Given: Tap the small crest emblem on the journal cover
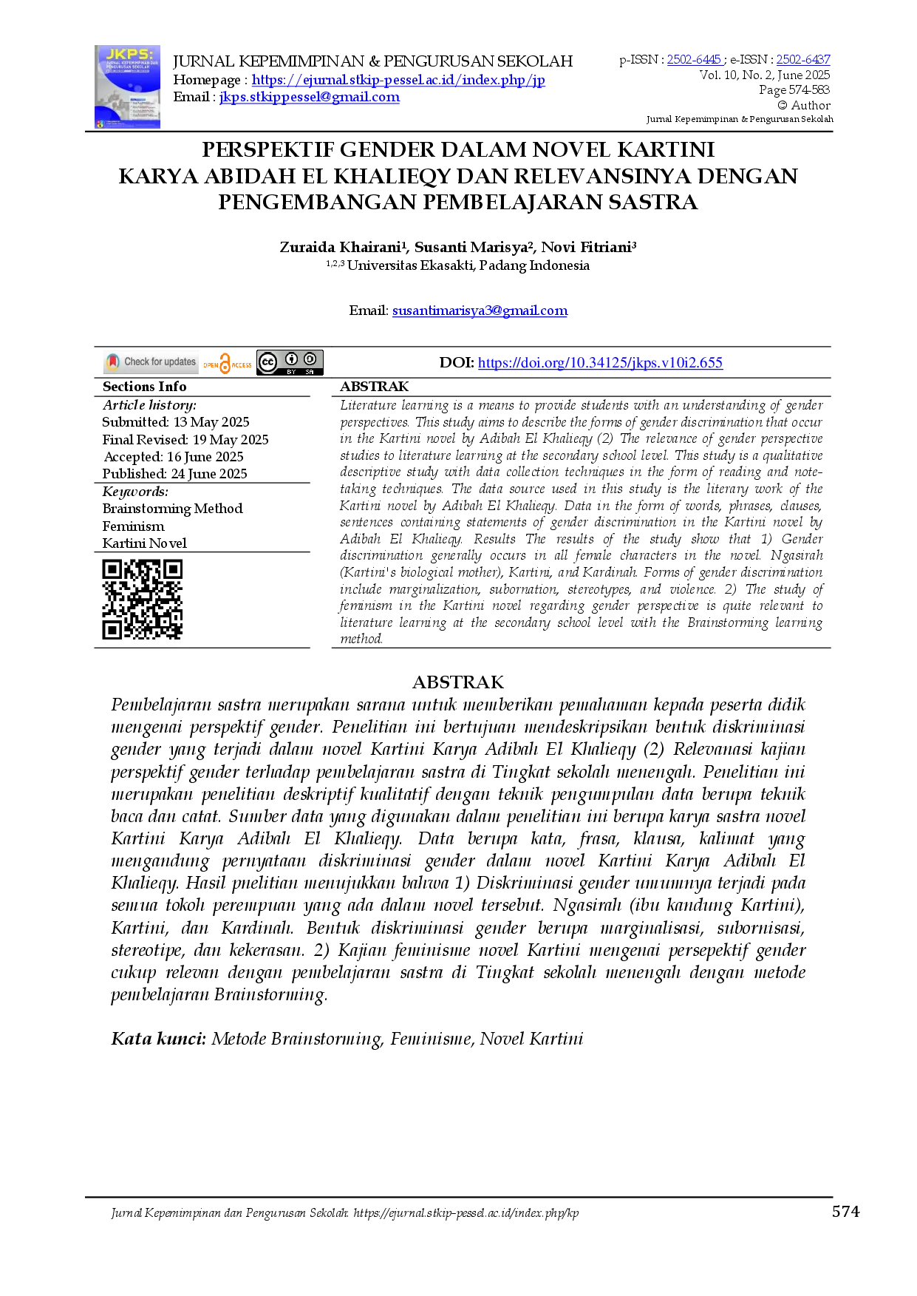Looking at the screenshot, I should (100, 123).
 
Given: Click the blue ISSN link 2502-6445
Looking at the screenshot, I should (694, 60).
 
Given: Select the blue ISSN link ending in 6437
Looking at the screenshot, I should (802, 60).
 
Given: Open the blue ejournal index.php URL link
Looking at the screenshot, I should (399, 80).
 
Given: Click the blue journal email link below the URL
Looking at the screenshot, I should (310, 98).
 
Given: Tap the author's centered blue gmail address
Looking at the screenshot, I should (480, 311).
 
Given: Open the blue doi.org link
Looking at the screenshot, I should (600, 363).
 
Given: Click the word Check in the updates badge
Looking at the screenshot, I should (136, 362).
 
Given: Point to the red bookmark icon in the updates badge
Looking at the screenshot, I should (112, 362).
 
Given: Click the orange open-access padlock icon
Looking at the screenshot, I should (225, 362).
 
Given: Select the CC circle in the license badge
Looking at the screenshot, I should (267, 362).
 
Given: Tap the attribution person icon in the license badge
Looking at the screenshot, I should (291, 359).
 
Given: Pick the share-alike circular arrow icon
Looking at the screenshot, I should (310, 359).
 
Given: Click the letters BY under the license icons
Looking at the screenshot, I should (291, 372).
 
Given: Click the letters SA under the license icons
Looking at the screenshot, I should (310, 372).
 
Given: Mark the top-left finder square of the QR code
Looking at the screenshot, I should (112, 569).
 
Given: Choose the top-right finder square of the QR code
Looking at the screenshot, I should (173, 569).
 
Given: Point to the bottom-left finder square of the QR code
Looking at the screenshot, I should (112, 630).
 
